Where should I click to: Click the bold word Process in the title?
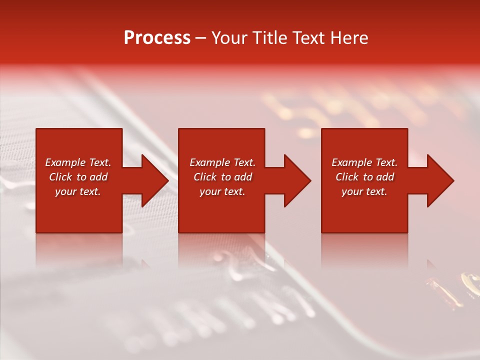(157, 38)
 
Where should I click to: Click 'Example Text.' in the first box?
(78, 162)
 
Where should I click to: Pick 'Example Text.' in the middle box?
(222, 162)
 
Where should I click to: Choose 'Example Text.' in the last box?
(364, 162)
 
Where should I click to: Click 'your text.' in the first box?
(78, 191)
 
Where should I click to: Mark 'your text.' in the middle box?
(222, 191)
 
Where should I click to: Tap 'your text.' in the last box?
(364, 191)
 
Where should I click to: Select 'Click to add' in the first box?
(78, 177)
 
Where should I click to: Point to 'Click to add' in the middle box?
(222, 177)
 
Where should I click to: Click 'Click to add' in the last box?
(364, 177)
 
